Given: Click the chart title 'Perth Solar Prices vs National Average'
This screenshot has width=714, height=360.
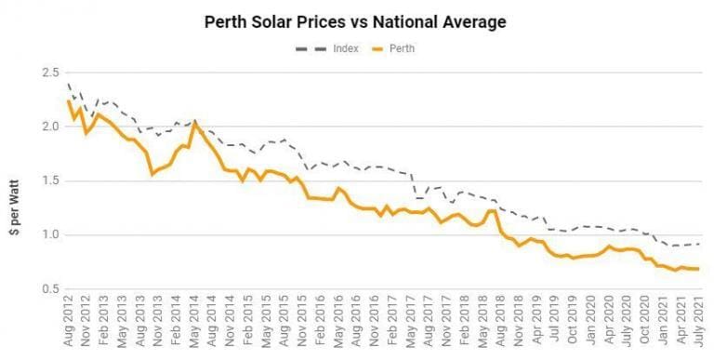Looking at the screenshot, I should click(356, 21).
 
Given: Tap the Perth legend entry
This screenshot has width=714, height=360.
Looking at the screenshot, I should click(390, 48).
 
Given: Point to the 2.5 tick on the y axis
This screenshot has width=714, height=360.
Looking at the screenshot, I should click(52, 73).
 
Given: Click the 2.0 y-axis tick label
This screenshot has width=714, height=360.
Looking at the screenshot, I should click(52, 127).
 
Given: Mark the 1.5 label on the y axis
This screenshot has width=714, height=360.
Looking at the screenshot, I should click(52, 180).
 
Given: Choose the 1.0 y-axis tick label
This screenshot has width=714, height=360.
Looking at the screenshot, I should click(52, 234).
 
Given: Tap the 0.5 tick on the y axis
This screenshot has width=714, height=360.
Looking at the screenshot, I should click(52, 289).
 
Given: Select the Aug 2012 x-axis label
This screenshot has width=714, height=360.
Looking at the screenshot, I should click(70, 326).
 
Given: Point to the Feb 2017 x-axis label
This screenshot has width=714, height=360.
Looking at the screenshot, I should click(388, 326).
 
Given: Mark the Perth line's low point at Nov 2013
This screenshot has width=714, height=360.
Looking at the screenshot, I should click(152, 174).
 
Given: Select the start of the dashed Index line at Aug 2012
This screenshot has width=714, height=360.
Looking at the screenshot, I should click(68, 84).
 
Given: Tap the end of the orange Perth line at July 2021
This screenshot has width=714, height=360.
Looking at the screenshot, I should click(699, 269).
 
